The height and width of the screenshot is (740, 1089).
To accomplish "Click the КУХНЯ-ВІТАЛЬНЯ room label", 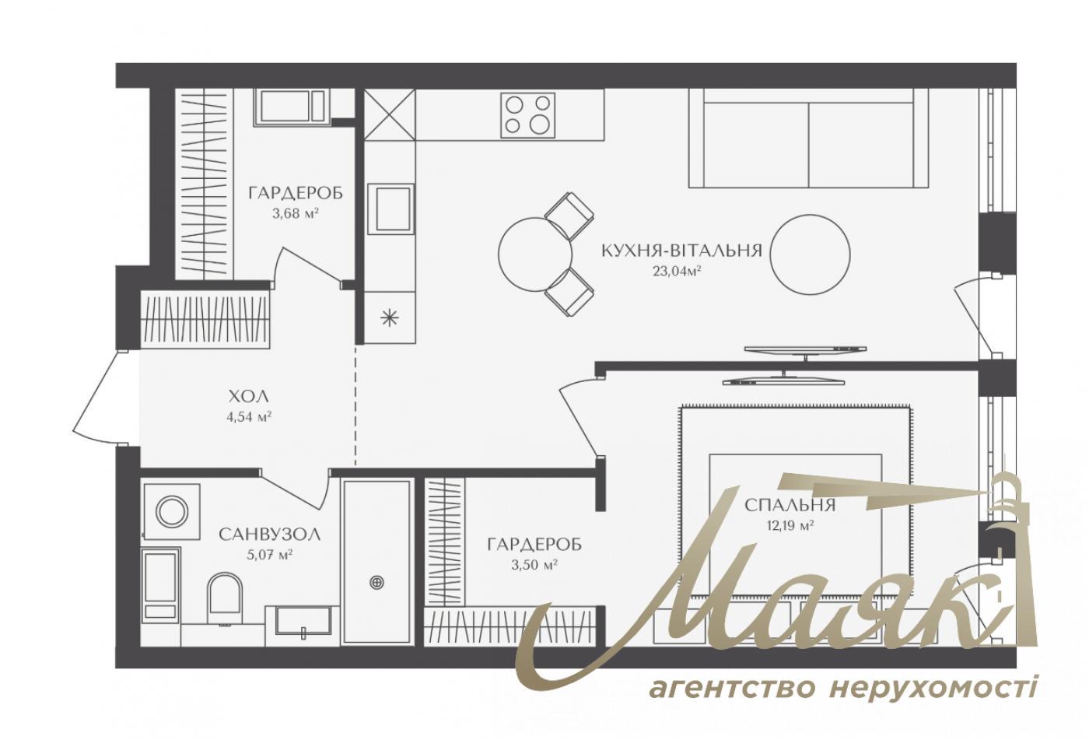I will (x=681, y=251).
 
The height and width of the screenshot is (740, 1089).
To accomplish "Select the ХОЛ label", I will (x=248, y=395).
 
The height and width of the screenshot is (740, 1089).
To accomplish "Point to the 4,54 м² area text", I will (x=248, y=416).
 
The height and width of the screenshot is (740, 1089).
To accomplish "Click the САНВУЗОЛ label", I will (x=269, y=535).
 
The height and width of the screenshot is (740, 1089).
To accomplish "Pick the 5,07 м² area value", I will (x=269, y=555).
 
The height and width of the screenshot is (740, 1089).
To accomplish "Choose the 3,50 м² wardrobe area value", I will (x=534, y=565).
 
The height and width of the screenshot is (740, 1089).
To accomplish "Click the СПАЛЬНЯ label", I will (x=790, y=505).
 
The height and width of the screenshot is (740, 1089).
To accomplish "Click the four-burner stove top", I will (x=528, y=114).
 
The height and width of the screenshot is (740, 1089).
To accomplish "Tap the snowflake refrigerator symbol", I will (x=389, y=317).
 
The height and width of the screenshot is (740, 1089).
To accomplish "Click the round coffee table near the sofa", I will (x=811, y=253).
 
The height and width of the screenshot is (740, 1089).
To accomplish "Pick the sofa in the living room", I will (x=809, y=138).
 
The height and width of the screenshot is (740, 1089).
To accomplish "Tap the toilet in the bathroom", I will (x=226, y=598).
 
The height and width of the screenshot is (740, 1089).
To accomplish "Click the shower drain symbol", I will (x=377, y=580).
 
